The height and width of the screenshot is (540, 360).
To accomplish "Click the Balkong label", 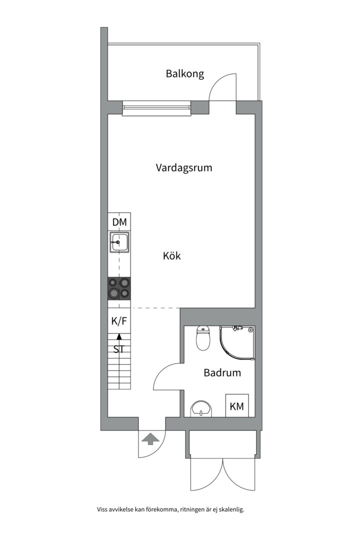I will (185, 74).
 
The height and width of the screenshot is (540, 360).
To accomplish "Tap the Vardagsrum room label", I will (183, 167).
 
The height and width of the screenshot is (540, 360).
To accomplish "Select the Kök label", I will (171, 256).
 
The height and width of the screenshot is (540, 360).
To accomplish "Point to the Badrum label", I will (222, 372).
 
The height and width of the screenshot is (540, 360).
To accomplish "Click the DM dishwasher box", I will (119, 221).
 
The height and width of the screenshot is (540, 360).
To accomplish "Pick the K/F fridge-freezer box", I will (119, 321).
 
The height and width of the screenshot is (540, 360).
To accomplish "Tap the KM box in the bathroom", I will (236, 406).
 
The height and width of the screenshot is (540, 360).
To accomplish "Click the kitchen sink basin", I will (119, 243).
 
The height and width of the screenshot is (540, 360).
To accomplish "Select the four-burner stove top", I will (119, 288).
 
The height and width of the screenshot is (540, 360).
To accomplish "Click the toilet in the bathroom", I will (203, 338).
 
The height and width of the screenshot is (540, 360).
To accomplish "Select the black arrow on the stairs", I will (119, 339).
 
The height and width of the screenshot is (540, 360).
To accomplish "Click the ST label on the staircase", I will (119, 349).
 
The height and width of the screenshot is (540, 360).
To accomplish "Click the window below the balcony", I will (157, 107).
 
